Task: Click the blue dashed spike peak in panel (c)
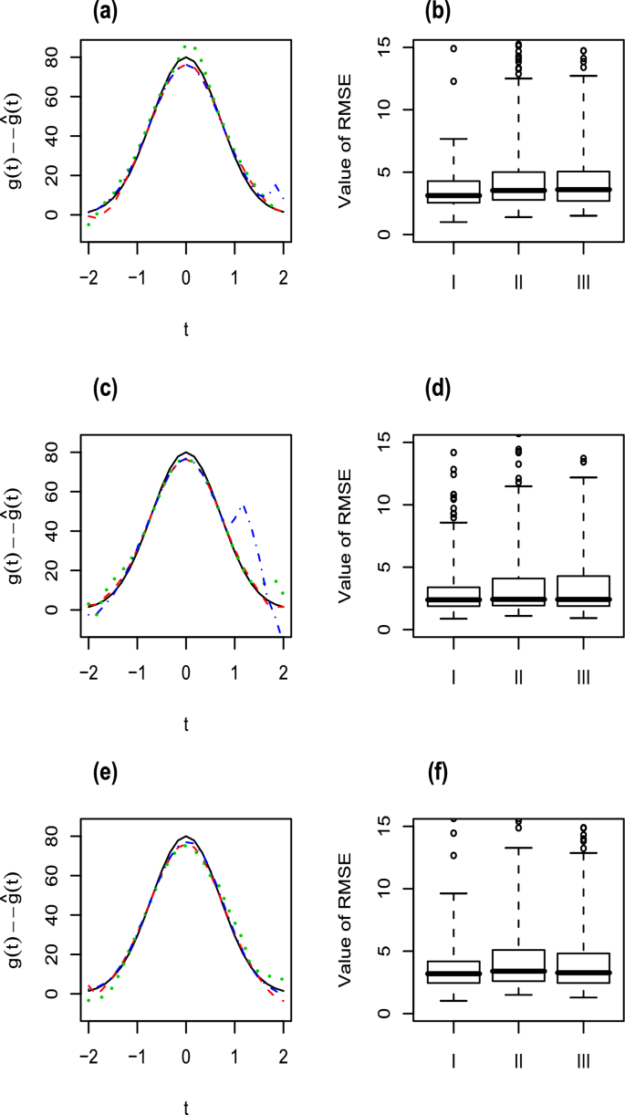click(243, 505)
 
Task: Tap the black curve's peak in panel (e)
click(186, 837)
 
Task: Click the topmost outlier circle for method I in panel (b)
click(453, 48)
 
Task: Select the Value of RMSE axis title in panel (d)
click(347, 534)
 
